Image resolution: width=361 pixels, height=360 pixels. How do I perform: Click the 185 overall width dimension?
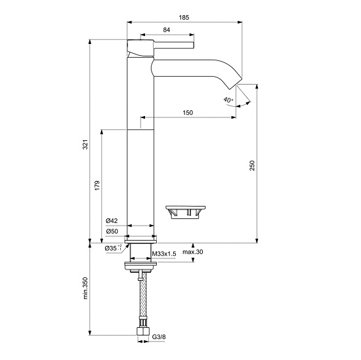point(184,17)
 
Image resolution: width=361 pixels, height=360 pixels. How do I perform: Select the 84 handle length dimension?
point(167,30)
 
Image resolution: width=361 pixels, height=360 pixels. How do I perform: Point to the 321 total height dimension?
point(85,144)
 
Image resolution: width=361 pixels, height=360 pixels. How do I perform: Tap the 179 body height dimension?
point(97,185)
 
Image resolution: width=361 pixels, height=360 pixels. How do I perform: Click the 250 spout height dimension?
point(252,165)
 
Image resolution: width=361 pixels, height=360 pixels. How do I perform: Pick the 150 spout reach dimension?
point(188,113)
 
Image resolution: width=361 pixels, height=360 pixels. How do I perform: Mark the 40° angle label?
point(228,100)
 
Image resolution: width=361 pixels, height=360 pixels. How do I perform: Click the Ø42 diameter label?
point(112,221)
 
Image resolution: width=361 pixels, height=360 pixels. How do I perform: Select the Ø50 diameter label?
point(112,231)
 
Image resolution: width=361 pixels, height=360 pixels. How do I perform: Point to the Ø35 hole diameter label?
point(113,248)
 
